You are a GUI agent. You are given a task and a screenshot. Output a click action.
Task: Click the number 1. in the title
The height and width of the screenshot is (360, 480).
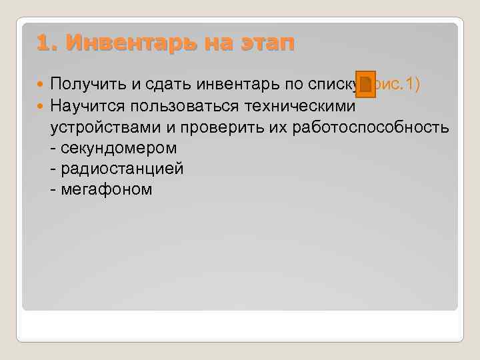tap(49, 44)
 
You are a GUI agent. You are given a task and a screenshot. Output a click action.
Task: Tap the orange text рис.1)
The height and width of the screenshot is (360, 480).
tap(398, 85)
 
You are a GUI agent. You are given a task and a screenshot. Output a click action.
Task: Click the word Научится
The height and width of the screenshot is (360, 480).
tap(90, 106)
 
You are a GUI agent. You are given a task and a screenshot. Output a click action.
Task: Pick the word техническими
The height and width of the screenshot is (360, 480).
tap(305, 106)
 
